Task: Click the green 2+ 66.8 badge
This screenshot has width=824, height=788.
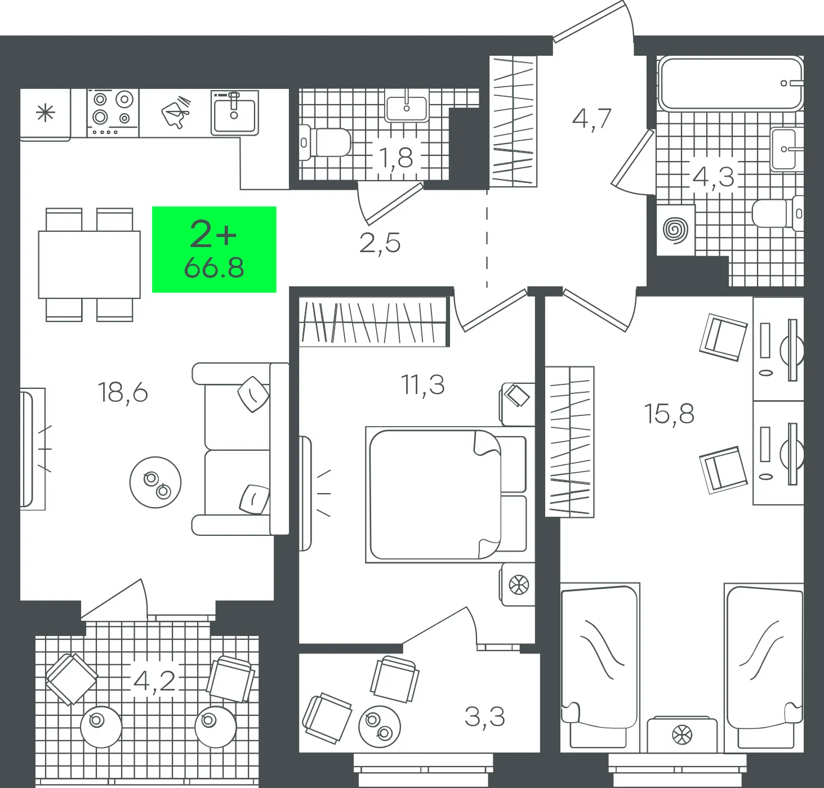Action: coord(214,249)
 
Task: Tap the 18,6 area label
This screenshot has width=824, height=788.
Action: coord(123,392)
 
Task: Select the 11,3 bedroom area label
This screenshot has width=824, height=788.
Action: coord(422,385)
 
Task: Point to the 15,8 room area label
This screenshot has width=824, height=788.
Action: coord(669,414)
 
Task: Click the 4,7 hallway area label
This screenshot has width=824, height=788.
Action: coord(591,119)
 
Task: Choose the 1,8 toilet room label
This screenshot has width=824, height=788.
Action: coord(396,157)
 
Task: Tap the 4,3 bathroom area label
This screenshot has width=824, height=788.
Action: coord(714,177)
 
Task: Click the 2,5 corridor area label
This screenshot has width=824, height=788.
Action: coord(380,243)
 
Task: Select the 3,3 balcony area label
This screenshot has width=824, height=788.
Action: coord(485,717)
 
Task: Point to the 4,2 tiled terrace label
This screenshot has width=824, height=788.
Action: coord(154,682)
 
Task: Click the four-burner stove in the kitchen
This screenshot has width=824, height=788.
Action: coord(113,113)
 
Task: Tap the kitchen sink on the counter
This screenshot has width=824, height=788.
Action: coord(234,113)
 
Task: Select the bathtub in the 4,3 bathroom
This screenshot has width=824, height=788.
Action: coord(731,84)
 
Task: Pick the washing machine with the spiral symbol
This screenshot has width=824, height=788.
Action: coord(676,230)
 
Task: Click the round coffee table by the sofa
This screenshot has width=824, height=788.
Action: coord(155,482)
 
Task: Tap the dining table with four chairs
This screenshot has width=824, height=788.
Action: coord(90,265)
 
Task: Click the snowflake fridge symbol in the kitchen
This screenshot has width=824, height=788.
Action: coord(45,114)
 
